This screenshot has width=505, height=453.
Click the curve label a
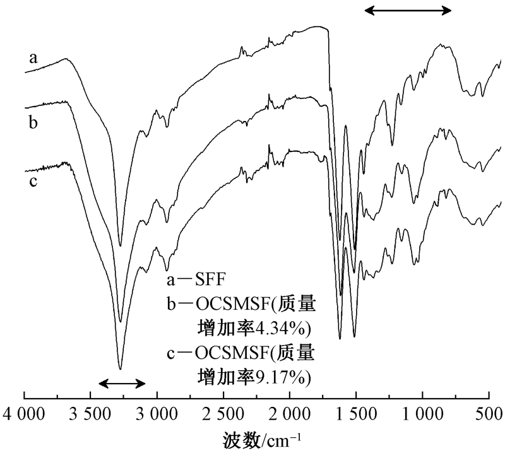[x=33, y=59]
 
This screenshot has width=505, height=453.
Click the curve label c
[x=33, y=183]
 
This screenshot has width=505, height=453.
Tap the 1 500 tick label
[x=356, y=415]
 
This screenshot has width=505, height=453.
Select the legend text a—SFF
[x=193, y=279]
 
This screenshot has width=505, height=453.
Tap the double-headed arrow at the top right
[x=409, y=10]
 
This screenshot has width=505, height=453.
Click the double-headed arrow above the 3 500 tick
[x=122, y=383]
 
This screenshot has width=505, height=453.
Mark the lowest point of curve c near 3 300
[x=120, y=368]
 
